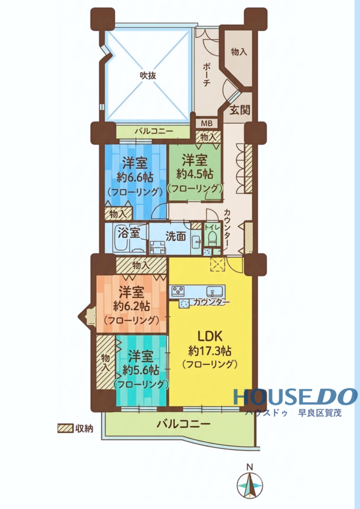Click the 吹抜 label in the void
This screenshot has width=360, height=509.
(148, 75)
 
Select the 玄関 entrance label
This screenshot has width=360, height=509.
(240, 110)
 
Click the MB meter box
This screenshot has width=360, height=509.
(207, 123)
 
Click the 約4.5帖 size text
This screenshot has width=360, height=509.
(195, 175)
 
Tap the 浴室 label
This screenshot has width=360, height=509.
(129, 233)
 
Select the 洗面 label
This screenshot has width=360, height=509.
(176, 236)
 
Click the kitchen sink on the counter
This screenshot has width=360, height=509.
(214, 290)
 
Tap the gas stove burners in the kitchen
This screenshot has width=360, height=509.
(178, 291)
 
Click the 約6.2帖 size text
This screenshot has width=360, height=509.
(131, 306)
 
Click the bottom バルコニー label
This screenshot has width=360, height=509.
(183, 423)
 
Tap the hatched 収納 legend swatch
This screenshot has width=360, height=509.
(65, 428)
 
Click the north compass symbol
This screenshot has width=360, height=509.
(250, 485)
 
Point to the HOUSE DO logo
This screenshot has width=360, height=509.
(295, 397)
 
